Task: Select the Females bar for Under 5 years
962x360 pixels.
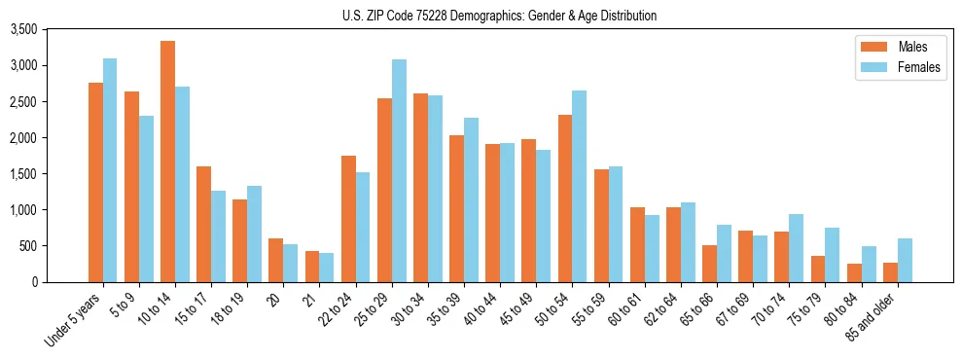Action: tap(110, 170)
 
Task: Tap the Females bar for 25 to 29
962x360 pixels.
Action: tap(399, 170)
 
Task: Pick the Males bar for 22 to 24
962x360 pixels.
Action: tap(348, 219)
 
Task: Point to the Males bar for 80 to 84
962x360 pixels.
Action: tap(854, 272)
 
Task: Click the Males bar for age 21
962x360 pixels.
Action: tap(312, 267)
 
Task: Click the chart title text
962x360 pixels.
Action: tap(499, 16)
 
